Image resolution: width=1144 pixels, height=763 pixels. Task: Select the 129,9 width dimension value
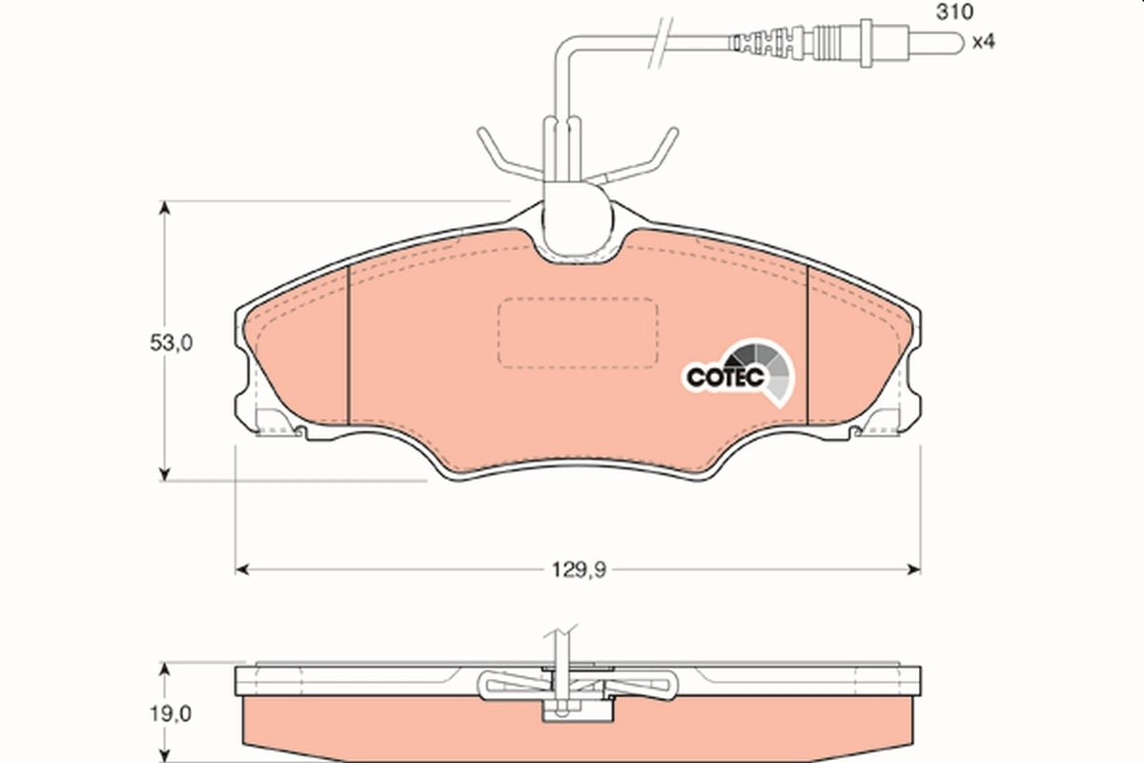(578, 569)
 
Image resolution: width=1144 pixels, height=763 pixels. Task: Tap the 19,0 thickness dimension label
(172, 712)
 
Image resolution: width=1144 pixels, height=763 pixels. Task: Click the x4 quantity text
(982, 43)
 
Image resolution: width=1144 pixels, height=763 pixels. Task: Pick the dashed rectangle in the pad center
(578, 332)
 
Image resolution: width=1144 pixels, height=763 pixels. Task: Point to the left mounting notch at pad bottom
(286, 426)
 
